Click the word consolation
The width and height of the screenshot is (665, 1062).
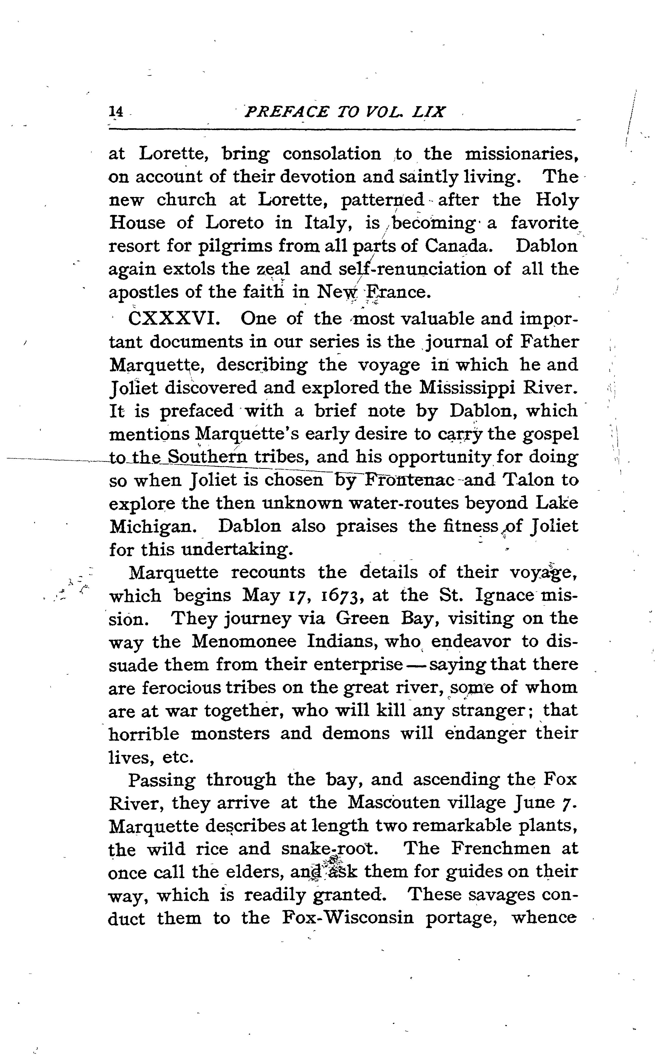coord(332,154)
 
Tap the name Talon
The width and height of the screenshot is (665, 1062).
coord(529,480)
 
